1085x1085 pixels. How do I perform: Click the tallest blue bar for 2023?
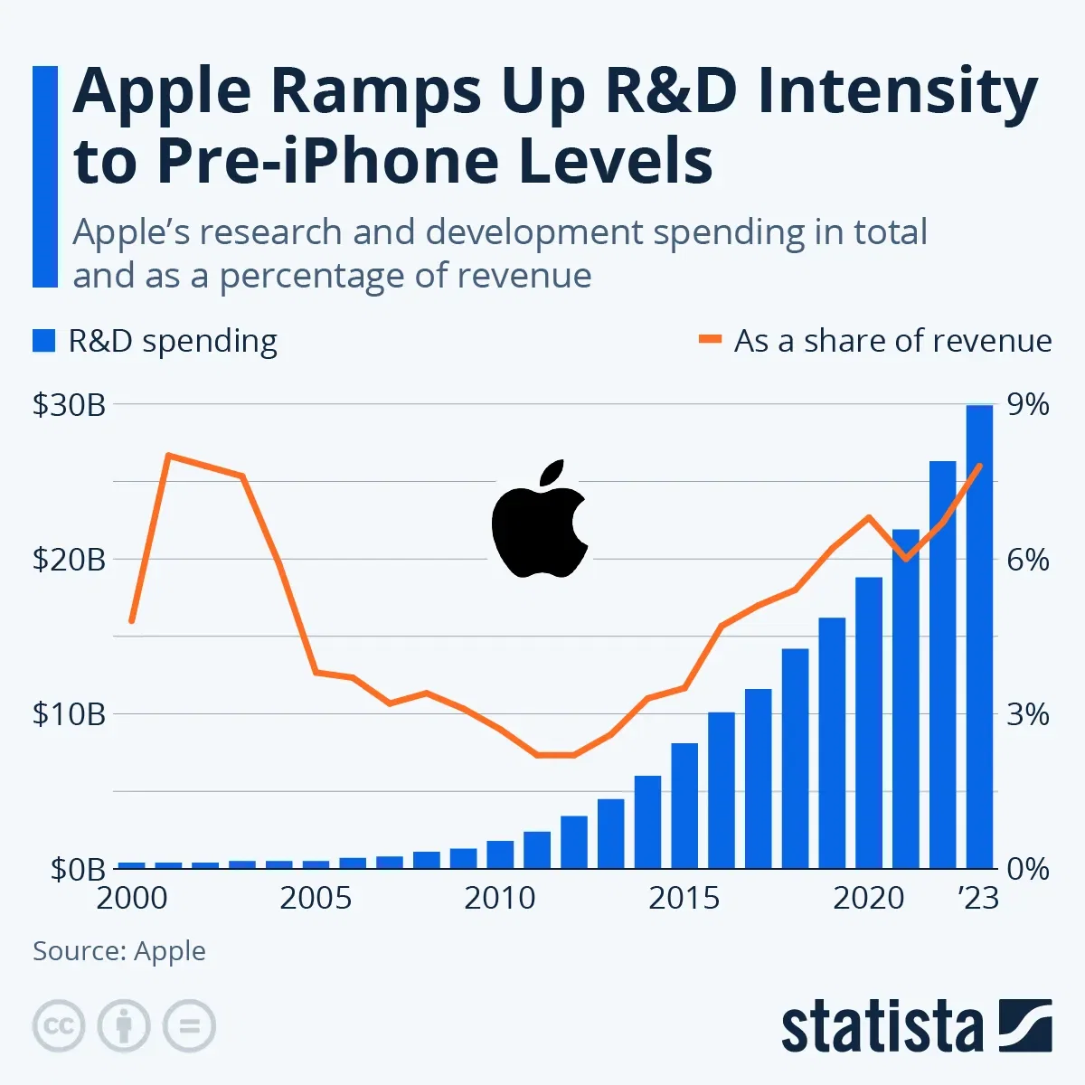(979, 637)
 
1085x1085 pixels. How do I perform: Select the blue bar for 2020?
(869, 722)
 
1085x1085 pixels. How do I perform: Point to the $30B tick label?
(69, 405)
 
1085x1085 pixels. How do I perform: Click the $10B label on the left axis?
(69, 714)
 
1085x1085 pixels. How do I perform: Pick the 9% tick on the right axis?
(1028, 405)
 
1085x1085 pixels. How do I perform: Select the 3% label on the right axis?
(1028, 714)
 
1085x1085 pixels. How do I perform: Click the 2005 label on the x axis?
(316, 898)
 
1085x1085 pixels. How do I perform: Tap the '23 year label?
(978, 898)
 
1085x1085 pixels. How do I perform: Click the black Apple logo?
(540, 520)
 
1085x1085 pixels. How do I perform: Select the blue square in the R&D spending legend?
(44, 341)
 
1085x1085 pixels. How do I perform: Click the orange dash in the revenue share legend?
(711, 341)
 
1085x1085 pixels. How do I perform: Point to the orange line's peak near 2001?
(168, 455)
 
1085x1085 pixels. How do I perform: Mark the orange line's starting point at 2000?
(132, 621)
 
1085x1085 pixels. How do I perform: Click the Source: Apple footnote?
(119, 951)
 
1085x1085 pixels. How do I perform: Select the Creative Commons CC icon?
(59, 1026)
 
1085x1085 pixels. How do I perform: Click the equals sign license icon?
(189, 1026)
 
